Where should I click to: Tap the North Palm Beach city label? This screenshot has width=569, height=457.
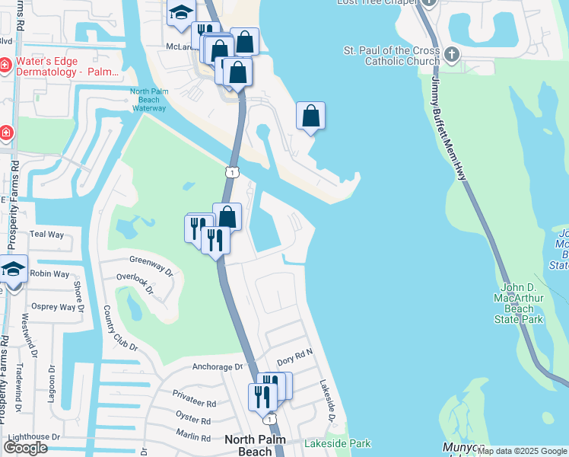[249, 446]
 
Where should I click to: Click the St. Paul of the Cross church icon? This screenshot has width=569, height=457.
[452, 54]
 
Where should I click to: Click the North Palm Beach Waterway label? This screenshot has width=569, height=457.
[148, 101]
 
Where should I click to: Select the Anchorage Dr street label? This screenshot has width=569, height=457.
[206, 366]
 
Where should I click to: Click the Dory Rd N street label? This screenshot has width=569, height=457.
[295, 355]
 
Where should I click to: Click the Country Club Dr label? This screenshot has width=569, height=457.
[119, 328]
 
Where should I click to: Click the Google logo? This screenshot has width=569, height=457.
[25, 448]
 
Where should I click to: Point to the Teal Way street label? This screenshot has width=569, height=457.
[46, 235]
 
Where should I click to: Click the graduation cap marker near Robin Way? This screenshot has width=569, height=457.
[13, 268]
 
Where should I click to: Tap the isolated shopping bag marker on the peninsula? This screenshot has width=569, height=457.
[310, 116]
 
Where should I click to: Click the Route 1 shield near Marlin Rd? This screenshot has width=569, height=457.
[269, 419]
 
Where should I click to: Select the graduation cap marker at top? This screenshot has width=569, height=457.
[181, 12]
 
